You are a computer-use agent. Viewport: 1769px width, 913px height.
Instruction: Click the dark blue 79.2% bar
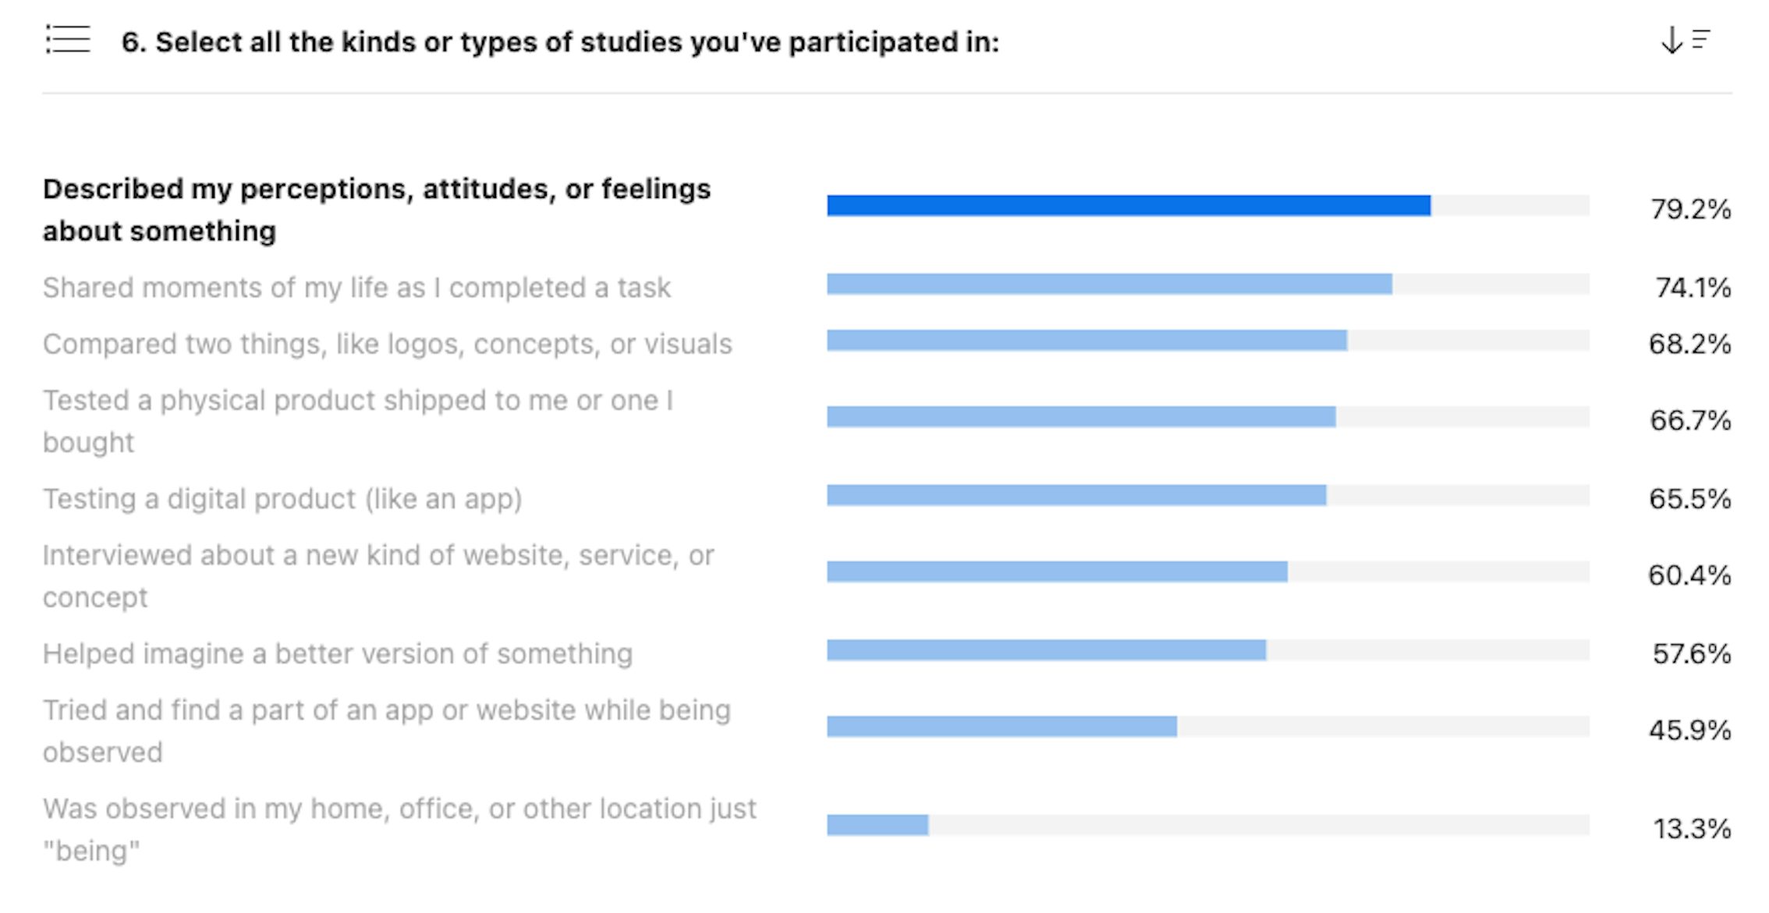[x=1128, y=206]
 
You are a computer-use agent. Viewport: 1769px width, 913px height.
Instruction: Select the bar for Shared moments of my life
[x=1109, y=285]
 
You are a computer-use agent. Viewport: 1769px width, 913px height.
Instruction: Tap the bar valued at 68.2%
[x=1087, y=341]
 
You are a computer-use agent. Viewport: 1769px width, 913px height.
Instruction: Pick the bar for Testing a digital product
[x=1076, y=496]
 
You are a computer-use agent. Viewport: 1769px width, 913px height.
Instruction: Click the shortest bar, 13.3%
[x=877, y=826]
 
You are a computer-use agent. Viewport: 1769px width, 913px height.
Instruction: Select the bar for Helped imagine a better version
[x=1046, y=650]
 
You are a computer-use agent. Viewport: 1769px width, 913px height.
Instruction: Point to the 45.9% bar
[x=1001, y=727]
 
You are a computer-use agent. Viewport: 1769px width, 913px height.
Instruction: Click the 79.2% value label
[x=1690, y=209]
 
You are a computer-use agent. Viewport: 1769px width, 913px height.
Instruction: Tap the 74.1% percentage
[x=1693, y=288]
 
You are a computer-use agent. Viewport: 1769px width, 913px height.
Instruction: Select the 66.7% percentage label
[x=1690, y=420]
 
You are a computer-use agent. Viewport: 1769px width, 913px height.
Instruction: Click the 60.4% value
[x=1689, y=575]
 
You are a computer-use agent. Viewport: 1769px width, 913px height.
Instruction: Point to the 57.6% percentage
[x=1691, y=653]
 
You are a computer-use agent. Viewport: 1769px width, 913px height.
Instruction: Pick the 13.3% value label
[x=1691, y=828]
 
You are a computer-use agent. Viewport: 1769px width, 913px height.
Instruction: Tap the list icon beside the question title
[x=68, y=40]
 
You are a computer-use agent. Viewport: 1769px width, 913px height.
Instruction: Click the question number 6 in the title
[x=133, y=42]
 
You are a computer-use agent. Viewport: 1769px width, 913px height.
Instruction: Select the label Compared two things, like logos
[x=387, y=344]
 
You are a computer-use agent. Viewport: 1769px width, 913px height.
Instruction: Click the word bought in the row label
[x=88, y=443]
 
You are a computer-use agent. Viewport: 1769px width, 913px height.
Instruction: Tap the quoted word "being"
[x=91, y=851]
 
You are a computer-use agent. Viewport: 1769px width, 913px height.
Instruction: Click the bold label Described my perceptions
[x=376, y=189]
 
